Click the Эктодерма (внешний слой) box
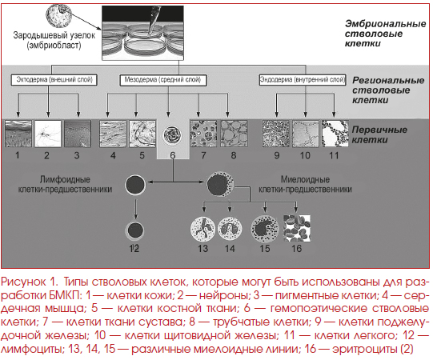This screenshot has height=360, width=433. [x=54, y=80]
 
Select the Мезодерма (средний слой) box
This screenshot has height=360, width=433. [x=163, y=80]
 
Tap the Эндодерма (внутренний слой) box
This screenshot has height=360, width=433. [x=303, y=80]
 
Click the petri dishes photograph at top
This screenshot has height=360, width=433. [x=142, y=33]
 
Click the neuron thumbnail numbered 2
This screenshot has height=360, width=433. [x=48, y=134]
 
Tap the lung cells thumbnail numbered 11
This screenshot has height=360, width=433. [x=335, y=134]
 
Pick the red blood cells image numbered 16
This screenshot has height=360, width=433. [x=297, y=228]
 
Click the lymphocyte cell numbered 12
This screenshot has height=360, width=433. [x=135, y=230]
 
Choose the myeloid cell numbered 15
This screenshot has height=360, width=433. [x=265, y=229]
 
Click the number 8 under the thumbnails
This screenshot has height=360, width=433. [x=234, y=155]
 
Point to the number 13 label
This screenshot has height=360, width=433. [x=202, y=249]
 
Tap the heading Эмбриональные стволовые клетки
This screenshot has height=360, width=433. [x=385, y=34]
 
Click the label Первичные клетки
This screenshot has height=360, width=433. [x=379, y=134]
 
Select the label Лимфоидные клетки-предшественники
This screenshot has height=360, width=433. [x=65, y=185]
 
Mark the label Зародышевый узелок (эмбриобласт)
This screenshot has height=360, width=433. [x=54, y=40]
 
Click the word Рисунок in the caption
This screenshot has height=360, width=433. [x=23, y=282]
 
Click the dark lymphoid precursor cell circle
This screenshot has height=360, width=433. [x=135, y=185]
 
